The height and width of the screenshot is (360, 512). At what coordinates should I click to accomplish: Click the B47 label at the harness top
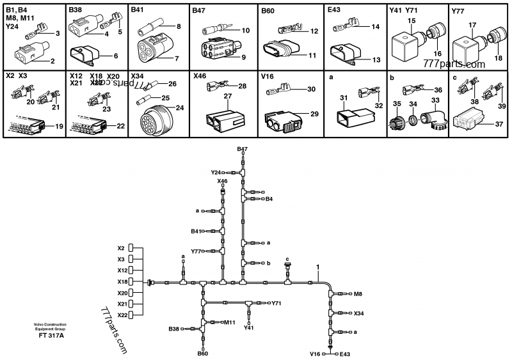coord(242,149)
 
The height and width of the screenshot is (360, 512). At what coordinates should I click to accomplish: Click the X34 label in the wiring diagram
coord(359,313)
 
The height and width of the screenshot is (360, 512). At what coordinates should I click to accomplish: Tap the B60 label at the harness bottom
coord(202,353)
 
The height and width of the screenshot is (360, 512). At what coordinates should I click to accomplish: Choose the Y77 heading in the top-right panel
coord(458,11)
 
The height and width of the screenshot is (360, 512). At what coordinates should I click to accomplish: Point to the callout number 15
coord(413,22)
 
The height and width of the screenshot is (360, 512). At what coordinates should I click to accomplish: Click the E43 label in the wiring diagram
coord(346,354)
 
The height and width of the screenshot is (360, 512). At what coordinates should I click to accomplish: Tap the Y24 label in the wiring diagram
coord(216,173)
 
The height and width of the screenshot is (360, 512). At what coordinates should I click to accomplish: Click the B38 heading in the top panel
coord(75,11)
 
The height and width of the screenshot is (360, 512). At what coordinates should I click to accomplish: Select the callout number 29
coord(314,113)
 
